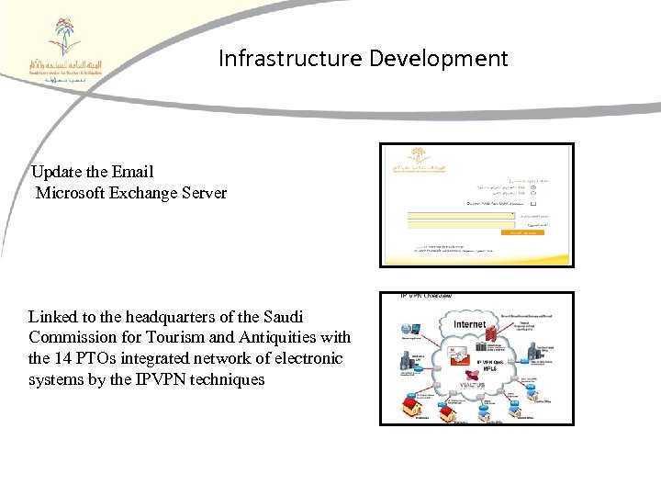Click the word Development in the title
[x=439, y=60]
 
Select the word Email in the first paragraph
[x=134, y=172]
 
